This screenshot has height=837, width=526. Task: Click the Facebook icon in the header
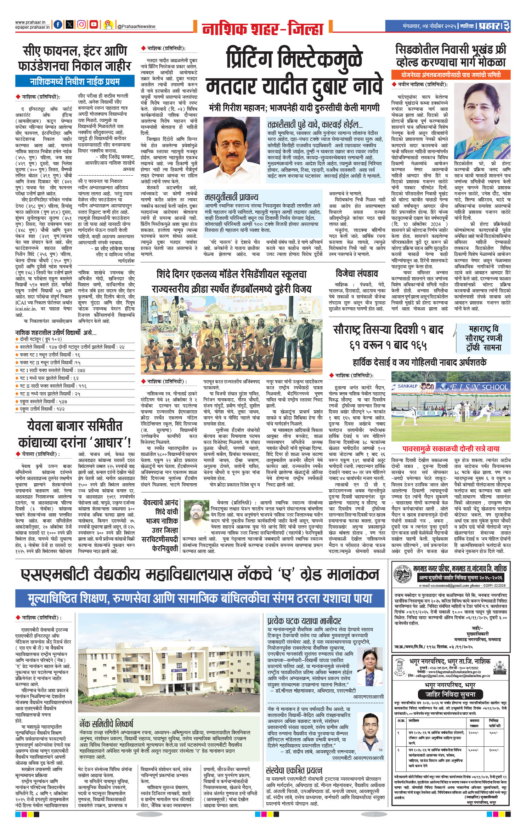coord(58,24)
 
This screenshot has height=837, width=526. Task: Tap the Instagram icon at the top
coord(81,24)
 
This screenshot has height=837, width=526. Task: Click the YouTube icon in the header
coord(94,24)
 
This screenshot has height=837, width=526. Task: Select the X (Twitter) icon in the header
coord(70,24)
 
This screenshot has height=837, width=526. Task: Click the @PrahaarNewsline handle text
coord(136,27)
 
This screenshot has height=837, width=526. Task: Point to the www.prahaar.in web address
coord(27,22)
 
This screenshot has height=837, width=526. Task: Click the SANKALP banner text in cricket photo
coord(407,386)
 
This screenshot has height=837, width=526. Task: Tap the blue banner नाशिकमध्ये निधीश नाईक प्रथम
coord(75,82)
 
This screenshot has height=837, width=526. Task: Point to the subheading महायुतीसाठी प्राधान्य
coord(232,197)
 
